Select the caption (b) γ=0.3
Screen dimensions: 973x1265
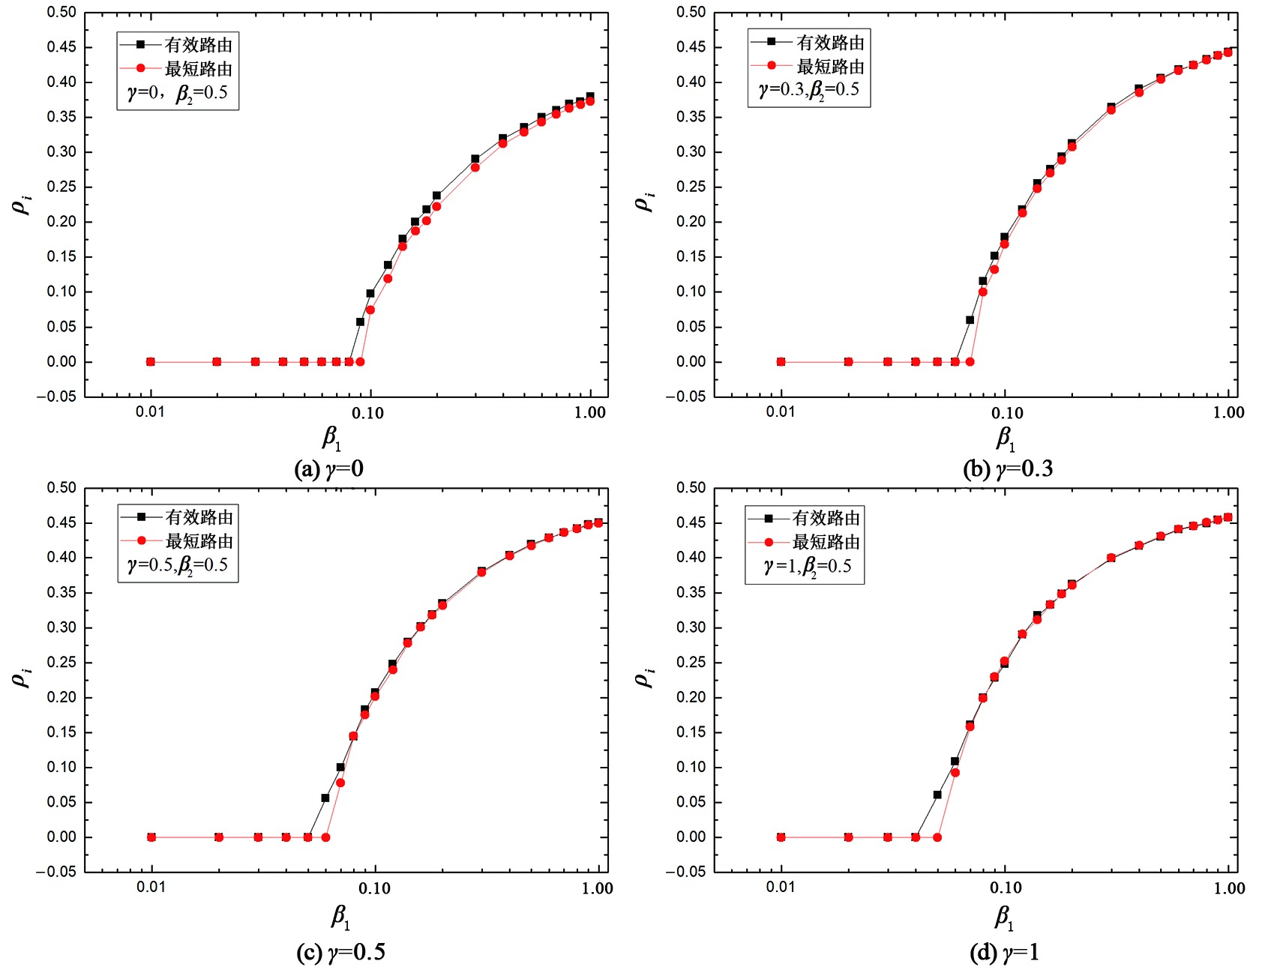1008,469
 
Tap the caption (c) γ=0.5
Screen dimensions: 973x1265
341,953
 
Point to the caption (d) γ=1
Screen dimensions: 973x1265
1005,953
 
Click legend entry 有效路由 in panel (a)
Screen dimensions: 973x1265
198,45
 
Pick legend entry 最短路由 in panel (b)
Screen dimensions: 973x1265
830,67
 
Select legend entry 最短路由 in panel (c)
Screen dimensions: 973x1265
199,541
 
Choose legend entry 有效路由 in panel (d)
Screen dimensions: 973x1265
826,518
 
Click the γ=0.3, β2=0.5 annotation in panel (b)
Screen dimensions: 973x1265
808,91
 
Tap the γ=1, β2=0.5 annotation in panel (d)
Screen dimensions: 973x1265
807,567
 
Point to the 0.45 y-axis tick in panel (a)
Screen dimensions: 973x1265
61,47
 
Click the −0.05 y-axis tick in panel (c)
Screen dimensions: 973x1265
56,872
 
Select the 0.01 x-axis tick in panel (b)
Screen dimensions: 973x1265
781,412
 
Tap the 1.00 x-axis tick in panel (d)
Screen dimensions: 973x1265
1229,888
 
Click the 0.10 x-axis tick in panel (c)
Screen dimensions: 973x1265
374,888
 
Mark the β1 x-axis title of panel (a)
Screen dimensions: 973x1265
331,439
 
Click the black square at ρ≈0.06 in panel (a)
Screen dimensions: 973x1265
360,322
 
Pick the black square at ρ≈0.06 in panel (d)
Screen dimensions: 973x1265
937,795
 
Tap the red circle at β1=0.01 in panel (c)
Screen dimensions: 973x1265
151,837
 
